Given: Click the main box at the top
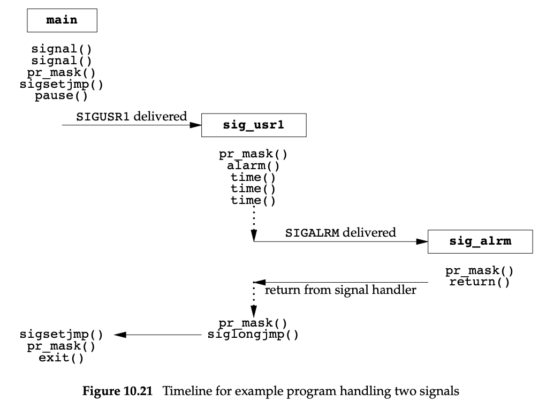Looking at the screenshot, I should point(62,20).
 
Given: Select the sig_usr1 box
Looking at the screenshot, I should point(253,125).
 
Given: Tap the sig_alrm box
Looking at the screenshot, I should point(480,241).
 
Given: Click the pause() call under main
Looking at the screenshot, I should point(61,97).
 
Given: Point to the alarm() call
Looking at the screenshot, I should point(253,165).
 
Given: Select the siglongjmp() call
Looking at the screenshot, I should point(253,335).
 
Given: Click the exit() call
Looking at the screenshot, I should point(61,358).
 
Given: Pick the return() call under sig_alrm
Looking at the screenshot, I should point(480,282).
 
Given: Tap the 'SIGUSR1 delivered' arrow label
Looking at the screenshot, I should point(132,116).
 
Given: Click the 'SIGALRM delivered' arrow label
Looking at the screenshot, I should point(341,232).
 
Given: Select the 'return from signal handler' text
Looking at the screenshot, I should point(341,291).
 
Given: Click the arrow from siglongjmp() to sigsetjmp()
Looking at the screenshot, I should point(161,335).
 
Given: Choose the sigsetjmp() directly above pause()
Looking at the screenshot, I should point(61,85).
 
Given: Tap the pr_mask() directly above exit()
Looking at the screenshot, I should point(61,346).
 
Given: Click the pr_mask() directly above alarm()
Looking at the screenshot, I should point(253,154).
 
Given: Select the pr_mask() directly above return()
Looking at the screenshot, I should point(480,271).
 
